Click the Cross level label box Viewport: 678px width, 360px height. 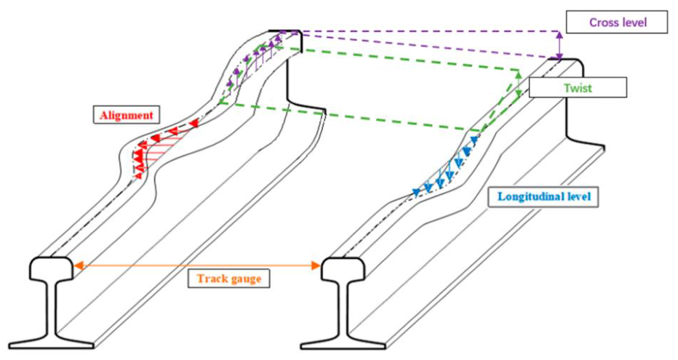pos(617,23)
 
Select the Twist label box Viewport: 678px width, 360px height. pos(578,88)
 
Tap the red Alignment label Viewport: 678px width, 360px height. pos(127,116)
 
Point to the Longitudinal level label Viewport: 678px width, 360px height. pos(543,196)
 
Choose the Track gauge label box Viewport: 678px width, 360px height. pos(228,278)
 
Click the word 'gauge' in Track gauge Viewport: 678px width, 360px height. pos(245,279)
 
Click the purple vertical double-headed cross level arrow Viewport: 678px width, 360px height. pos(560,45)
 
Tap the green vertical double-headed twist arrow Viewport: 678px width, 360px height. pos(519,84)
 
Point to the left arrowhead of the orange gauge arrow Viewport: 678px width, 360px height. pos(79,265)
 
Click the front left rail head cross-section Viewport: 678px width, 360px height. pos(51,268)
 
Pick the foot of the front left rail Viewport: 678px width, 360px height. pos(52,343)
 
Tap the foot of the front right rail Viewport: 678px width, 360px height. pos(343,343)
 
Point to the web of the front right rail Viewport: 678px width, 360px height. pos(343,308)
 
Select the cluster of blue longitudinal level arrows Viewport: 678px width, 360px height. pos(445,166)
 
